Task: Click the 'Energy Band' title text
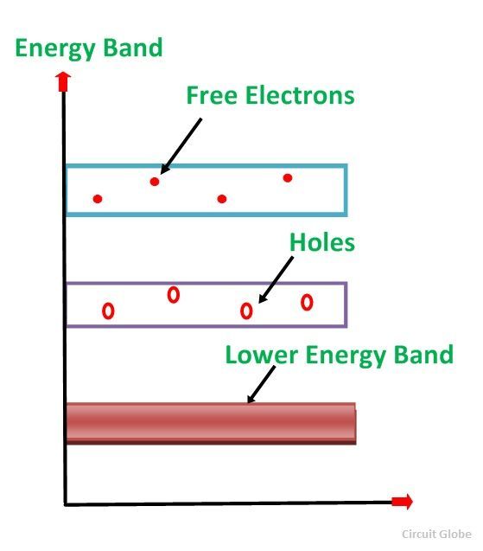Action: tap(89, 48)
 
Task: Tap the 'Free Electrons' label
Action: tap(270, 95)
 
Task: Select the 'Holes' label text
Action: tap(322, 242)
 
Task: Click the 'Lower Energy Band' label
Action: tap(339, 356)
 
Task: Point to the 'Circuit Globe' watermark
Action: tap(436, 535)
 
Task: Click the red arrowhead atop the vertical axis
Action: tap(63, 81)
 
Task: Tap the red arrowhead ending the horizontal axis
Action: tap(403, 502)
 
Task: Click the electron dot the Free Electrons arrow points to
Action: tap(155, 182)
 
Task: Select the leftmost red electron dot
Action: tap(98, 199)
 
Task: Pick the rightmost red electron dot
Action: tap(288, 178)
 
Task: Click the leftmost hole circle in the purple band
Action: tap(108, 311)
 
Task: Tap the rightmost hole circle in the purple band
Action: tap(307, 302)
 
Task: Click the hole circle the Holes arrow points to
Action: tap(246, 311)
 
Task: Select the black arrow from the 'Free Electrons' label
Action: tap(181, 146)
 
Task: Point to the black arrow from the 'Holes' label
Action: tap(276, 279)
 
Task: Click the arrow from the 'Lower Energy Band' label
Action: tap(261, 385)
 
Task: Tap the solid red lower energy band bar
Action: tap(212, 424)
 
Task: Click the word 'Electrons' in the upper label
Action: tap(300, 95)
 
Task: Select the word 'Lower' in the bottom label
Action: tap(262, 356)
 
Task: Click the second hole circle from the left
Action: tap(174, 295)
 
